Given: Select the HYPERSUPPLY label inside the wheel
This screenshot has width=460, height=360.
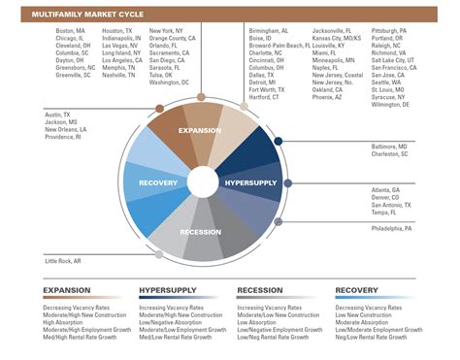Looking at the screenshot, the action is pyautogui.click(x=251, y=155).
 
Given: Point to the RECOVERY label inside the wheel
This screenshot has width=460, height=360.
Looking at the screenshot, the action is pyautogui.click(x=158, y=182).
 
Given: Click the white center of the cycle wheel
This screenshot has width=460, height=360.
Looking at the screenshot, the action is pyautogui.click(x=204, y=181).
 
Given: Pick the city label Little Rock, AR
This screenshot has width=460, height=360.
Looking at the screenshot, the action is pyautogui.click(x=65, y=262).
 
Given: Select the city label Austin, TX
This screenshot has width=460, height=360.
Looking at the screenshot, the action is pyautogui.click(x=59, y=115).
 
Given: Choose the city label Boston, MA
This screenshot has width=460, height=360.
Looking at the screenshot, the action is pyautogui.click(x=71, y=31).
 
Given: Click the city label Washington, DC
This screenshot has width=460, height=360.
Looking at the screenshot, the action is pyautogui.click(x=170, y=82).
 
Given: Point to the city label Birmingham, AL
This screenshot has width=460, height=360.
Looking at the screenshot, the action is pyautogui.click(x=269, y=31).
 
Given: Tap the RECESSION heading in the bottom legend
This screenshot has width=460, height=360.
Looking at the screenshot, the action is pyautogui.click(x=261, y=289).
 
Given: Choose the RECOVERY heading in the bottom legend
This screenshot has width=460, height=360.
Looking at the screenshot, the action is pyautogui.click(x=356, y=289).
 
